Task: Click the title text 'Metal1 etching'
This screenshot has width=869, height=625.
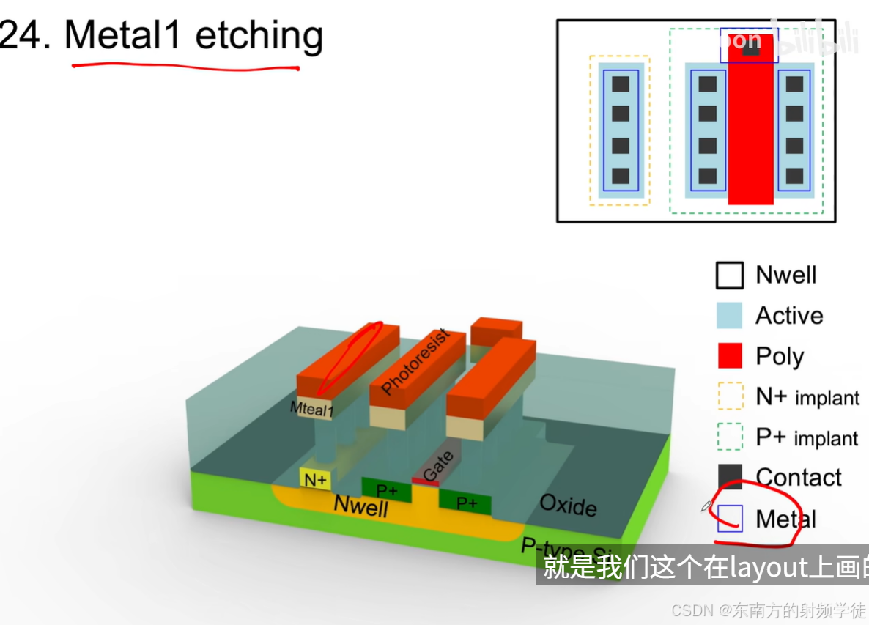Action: [x=193, y=35]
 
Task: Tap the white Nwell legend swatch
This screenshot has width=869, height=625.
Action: [x=729, y=275]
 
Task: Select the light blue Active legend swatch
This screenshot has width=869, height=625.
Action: [x=729, y=316]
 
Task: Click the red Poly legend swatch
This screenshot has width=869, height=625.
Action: [x=729, y=356]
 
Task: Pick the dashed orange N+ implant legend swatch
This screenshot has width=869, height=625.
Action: [x=729, y=396]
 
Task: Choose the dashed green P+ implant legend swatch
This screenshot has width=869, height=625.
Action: [x=729, y=437]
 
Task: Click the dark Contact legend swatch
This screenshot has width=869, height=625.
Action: [x=729, y=477]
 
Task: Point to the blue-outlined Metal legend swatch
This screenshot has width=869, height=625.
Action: [x=730, y=518]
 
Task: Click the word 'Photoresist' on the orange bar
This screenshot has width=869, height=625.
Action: [x=415, y=361]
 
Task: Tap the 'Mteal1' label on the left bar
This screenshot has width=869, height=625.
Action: [x=311, y=409]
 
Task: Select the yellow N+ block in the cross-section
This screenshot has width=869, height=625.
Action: [x=316, y=479]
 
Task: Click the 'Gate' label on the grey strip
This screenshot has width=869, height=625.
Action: [x=438, y=466]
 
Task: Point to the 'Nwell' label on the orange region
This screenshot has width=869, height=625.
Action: [x=360, y=506]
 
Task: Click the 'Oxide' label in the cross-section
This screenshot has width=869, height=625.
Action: [x=568, y=504]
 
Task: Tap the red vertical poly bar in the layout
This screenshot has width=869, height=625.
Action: [x=750, y=132]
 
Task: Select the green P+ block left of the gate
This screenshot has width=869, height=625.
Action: [x=386, y=488]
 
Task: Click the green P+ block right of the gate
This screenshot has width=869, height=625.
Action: [x=466, y=502]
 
